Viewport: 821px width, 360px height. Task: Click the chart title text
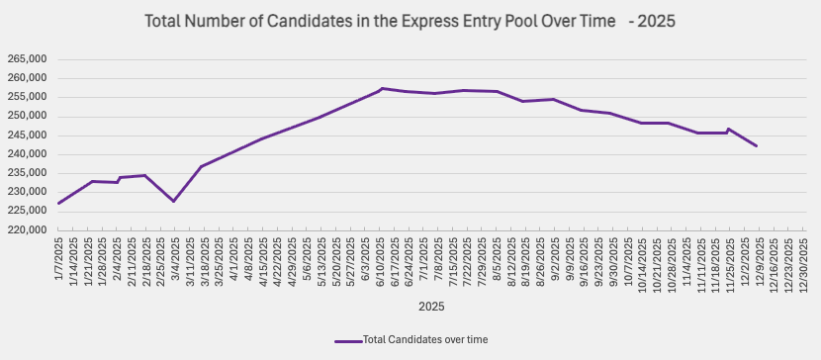[x=410, y=21]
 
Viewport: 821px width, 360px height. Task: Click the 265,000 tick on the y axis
[x=26, y=59]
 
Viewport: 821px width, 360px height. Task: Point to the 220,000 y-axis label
[x=26, y=230]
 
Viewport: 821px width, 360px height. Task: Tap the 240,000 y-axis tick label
[x=26, y=154]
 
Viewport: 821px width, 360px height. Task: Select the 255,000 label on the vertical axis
[x=26, y=97]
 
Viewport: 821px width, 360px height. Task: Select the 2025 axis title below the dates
[x=431, y=307]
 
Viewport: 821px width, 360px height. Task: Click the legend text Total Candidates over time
[x=424, y=339]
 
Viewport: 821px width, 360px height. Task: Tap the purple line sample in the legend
[x=347, y=339]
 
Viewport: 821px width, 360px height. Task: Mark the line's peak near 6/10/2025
[x=382, y=89]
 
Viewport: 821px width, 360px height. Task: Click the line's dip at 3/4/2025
[x=174, y=201]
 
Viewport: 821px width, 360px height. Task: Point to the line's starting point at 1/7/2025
[x=59, y=203]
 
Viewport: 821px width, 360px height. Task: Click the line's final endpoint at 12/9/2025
[x=757, y=146]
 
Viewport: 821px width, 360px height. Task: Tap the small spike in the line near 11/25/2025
[x=728, y=129]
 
